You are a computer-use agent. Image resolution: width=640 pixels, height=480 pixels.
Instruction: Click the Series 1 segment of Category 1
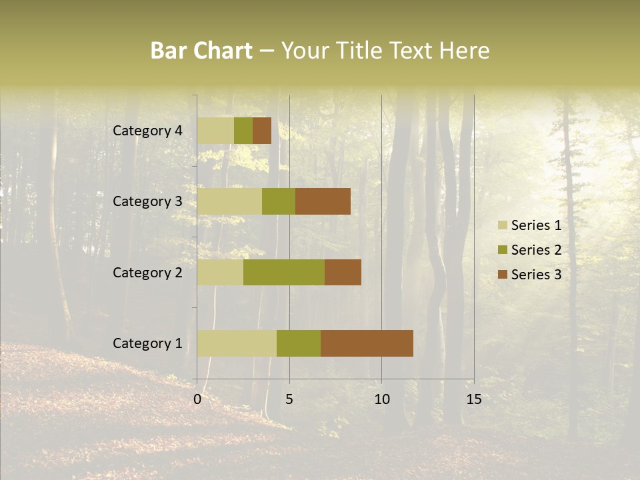(237, 343)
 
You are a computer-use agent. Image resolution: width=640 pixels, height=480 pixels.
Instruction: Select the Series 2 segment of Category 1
(299, 343)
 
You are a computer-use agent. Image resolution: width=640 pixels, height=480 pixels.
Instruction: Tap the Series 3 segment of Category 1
(367, 343)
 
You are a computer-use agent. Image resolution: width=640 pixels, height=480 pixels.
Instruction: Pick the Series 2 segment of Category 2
(284, 272)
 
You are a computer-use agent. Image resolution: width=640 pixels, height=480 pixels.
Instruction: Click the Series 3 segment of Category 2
(343, 272)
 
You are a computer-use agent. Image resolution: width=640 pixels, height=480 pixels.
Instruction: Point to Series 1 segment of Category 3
(229, 201)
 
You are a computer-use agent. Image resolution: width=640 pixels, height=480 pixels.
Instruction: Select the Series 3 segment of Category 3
(323, 201)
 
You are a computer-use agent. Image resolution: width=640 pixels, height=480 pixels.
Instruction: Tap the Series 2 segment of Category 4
(243, 131)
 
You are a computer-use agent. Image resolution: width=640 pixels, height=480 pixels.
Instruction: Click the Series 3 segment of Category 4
(262, 131)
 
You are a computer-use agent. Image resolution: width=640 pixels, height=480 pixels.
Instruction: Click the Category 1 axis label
(147, 343)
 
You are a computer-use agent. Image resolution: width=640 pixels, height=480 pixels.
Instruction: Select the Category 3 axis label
(147, 201)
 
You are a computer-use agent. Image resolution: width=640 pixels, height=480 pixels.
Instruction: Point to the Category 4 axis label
(147, 131)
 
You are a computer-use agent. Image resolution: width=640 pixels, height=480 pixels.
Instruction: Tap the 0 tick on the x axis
(197, 399)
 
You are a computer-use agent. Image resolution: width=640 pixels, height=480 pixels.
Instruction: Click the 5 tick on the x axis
(289, 399)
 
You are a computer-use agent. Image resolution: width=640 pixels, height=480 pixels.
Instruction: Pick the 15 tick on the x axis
(473, 399)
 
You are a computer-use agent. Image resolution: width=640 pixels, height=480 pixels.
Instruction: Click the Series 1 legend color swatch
(503, 225)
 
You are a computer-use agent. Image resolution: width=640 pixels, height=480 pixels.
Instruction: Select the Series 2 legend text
(536, 250)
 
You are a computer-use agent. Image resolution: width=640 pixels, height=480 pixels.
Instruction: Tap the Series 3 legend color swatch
(503, 275)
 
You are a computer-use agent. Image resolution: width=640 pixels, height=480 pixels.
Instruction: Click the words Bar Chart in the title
(201, 51)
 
